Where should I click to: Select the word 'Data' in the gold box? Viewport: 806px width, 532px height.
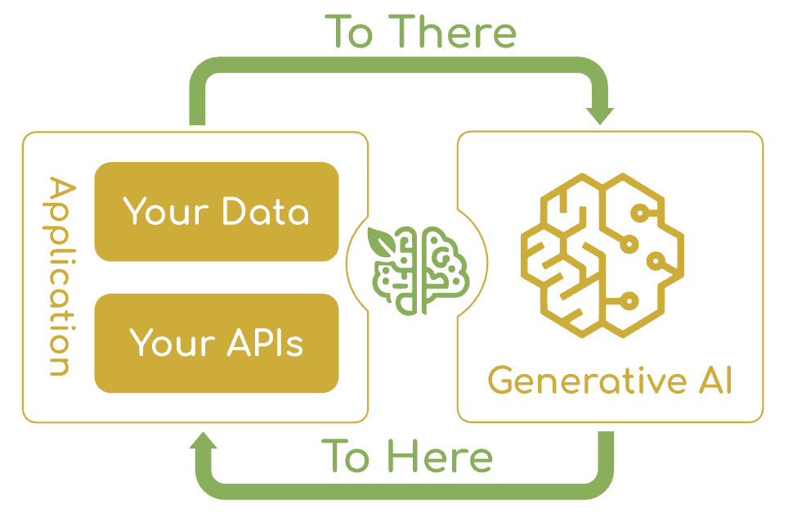click(266, 211)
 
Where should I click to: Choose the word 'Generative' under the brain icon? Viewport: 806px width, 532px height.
click(576, 382)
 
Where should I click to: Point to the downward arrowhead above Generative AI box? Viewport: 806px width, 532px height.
click(601, 115)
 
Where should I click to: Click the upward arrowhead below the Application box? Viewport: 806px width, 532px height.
click(204, 443)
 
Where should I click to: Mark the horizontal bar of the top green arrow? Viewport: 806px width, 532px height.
click(401, 65)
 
